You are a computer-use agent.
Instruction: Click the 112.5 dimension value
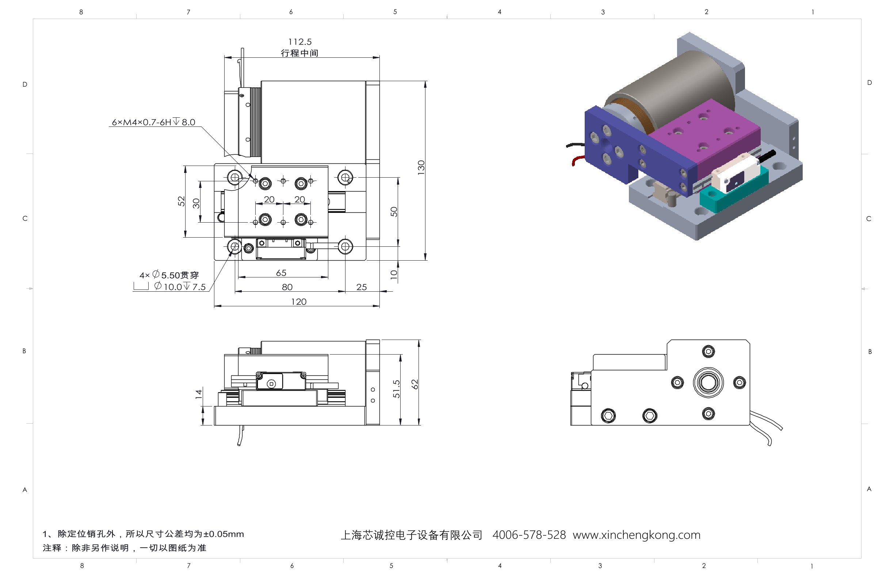[x=300, y=42]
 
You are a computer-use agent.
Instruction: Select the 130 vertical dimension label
[x=421, y=167]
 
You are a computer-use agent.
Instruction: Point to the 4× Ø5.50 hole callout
[x=169, y=275]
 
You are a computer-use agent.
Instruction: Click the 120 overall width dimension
[x=299, y=302]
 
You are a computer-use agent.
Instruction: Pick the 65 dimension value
[x=281, y=273]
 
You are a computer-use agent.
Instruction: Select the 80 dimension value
[x=287, y=287]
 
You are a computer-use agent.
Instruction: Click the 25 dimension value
[x=361, y=287]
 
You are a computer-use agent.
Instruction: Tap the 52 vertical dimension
[x=182, y=201]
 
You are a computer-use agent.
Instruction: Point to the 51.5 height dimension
[x=396, y=389]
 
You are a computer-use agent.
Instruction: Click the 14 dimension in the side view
[x=199, y=394]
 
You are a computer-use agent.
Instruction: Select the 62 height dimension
[x=415, y=384]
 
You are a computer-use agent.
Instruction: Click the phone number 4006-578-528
[x=528, y=535]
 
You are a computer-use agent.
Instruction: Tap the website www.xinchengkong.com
[x=636, y=535]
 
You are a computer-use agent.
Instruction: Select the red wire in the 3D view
[x=577, y=160]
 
